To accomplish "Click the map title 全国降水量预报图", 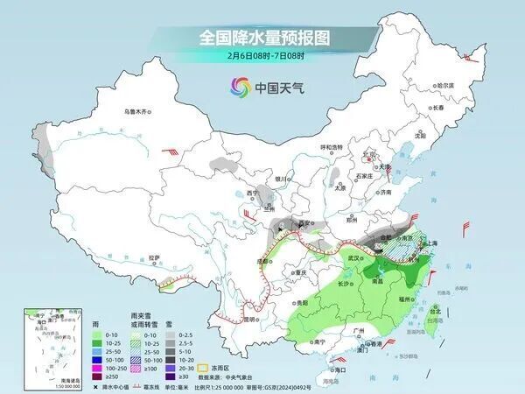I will pos(262,38).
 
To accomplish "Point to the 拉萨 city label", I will pos(154,257).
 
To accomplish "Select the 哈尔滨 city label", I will pos(445,85).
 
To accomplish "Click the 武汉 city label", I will pos(354,258).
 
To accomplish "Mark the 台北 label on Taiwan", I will pos(434,308).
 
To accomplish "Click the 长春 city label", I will pos(442,107).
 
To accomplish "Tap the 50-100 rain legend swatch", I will pos(95,358).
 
